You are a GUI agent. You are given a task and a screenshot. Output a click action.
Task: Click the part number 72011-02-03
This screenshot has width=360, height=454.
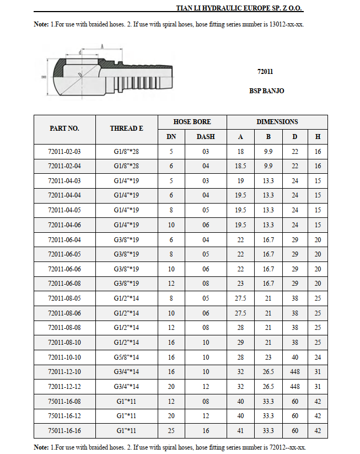pos(65,151)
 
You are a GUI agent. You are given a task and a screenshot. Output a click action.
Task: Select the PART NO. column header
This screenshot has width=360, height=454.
pos(65,128)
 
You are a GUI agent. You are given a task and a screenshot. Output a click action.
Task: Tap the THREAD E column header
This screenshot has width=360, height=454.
pos(126,128)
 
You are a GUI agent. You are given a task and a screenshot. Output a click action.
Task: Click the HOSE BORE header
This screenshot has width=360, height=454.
pos(192,121)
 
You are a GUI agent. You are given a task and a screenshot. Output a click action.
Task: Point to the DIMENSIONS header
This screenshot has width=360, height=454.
pos(277,121)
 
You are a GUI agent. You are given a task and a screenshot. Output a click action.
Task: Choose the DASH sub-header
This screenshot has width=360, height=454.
pos(206,136)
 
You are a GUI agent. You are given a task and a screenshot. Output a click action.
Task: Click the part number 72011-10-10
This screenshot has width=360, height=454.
pos(65,357)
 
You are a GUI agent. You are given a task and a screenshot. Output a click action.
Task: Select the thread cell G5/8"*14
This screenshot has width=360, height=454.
pos(126,357)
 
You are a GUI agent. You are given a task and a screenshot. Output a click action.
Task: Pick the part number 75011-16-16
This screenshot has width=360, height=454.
pos(65,430)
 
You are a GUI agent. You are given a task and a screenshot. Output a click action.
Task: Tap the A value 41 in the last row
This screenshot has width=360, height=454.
pos(241,430)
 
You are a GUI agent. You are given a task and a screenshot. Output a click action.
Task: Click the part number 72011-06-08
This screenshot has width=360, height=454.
pos(65,284)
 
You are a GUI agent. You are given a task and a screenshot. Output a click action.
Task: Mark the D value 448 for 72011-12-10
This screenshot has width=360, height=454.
pos(295,372)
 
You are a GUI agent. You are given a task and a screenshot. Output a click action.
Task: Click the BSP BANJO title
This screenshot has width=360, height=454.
pos(267,91)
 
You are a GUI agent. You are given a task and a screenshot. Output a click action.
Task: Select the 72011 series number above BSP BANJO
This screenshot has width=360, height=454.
pos(265,72)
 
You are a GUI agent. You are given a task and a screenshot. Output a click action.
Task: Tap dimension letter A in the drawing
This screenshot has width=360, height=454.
pos(102,48)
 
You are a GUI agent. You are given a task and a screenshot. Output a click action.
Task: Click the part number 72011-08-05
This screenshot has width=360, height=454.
pos(65,298)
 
